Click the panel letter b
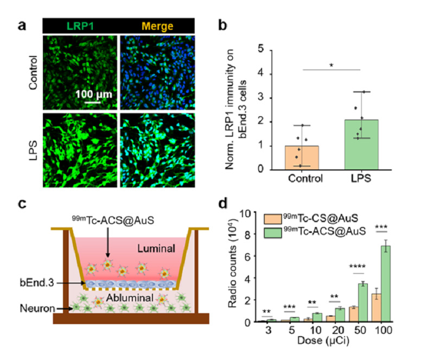[222, 26]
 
